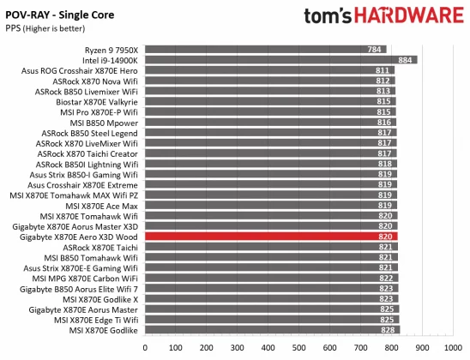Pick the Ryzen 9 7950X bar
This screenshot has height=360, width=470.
click(266, 50)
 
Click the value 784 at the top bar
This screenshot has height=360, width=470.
click(375, 50)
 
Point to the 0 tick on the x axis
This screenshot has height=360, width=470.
click(148, 348)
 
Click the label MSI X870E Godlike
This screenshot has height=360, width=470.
click(106, 330)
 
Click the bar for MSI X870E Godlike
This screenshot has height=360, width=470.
click(274, 330)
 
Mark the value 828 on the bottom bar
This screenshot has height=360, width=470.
click(389, 330)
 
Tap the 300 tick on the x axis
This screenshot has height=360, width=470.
click(239, 348)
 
